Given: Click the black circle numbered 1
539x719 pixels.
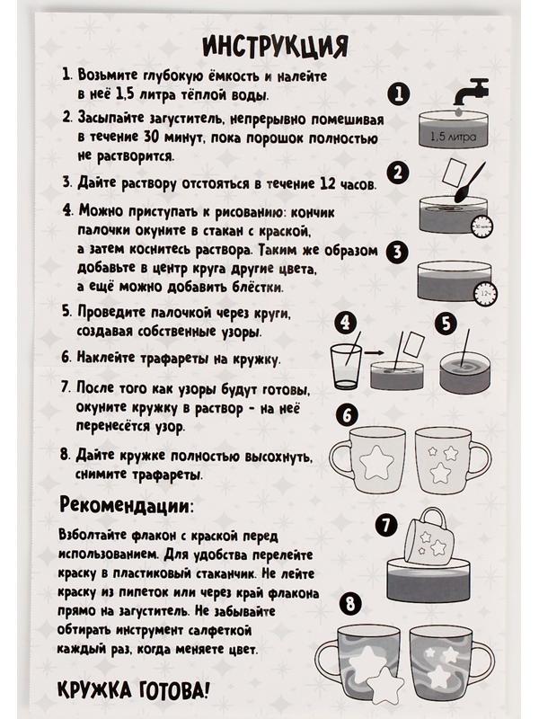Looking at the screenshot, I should pos(398,93).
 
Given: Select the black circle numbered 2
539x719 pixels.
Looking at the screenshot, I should pos(398,173).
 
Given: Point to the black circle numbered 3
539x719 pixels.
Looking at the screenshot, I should pos(398,252).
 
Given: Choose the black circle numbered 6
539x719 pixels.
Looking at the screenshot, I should pos(348,413).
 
